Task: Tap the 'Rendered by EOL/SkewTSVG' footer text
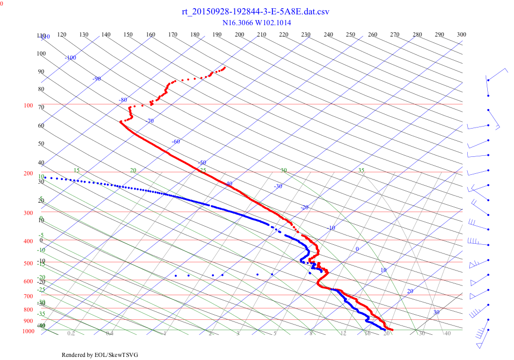click(x=100, y=355)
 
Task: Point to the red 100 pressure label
click(x=28, y=105)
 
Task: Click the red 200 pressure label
click(x=28, y=173)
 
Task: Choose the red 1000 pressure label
click(x=28, y=331)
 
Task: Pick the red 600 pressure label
click(x=28, y=281)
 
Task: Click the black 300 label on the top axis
click(x=462, y=34)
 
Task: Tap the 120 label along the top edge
click(x=62, y=34)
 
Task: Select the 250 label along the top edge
click(x=351, y=34)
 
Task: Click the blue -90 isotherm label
click(x=97, y=79)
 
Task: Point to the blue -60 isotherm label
click(x=176, y=141)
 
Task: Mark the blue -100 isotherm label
click(x=70, y=58)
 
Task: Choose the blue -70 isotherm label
click(x=150, y=121)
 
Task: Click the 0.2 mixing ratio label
click(x=71, y=334)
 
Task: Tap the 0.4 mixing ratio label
click(x=109, y=334)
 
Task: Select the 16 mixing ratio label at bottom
click(x=368, y=334)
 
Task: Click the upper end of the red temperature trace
click(x=225, y=67)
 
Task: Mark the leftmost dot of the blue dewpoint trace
click(x=45, y=177)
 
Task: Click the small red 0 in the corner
click(x=2, y=3)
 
